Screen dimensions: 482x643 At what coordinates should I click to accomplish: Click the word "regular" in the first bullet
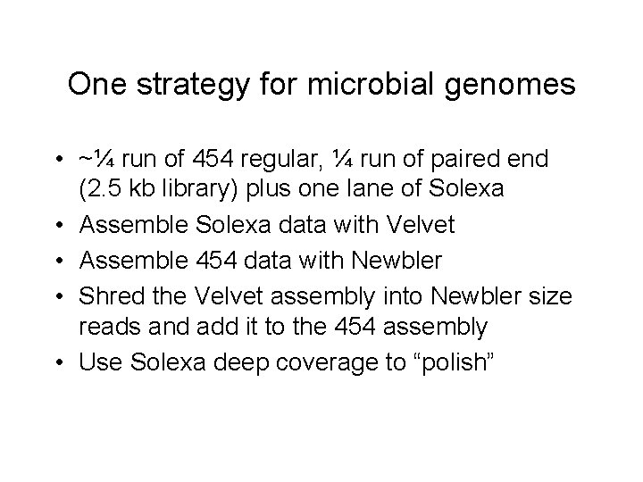(288, 161)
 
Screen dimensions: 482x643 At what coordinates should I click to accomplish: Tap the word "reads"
(107, 328)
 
